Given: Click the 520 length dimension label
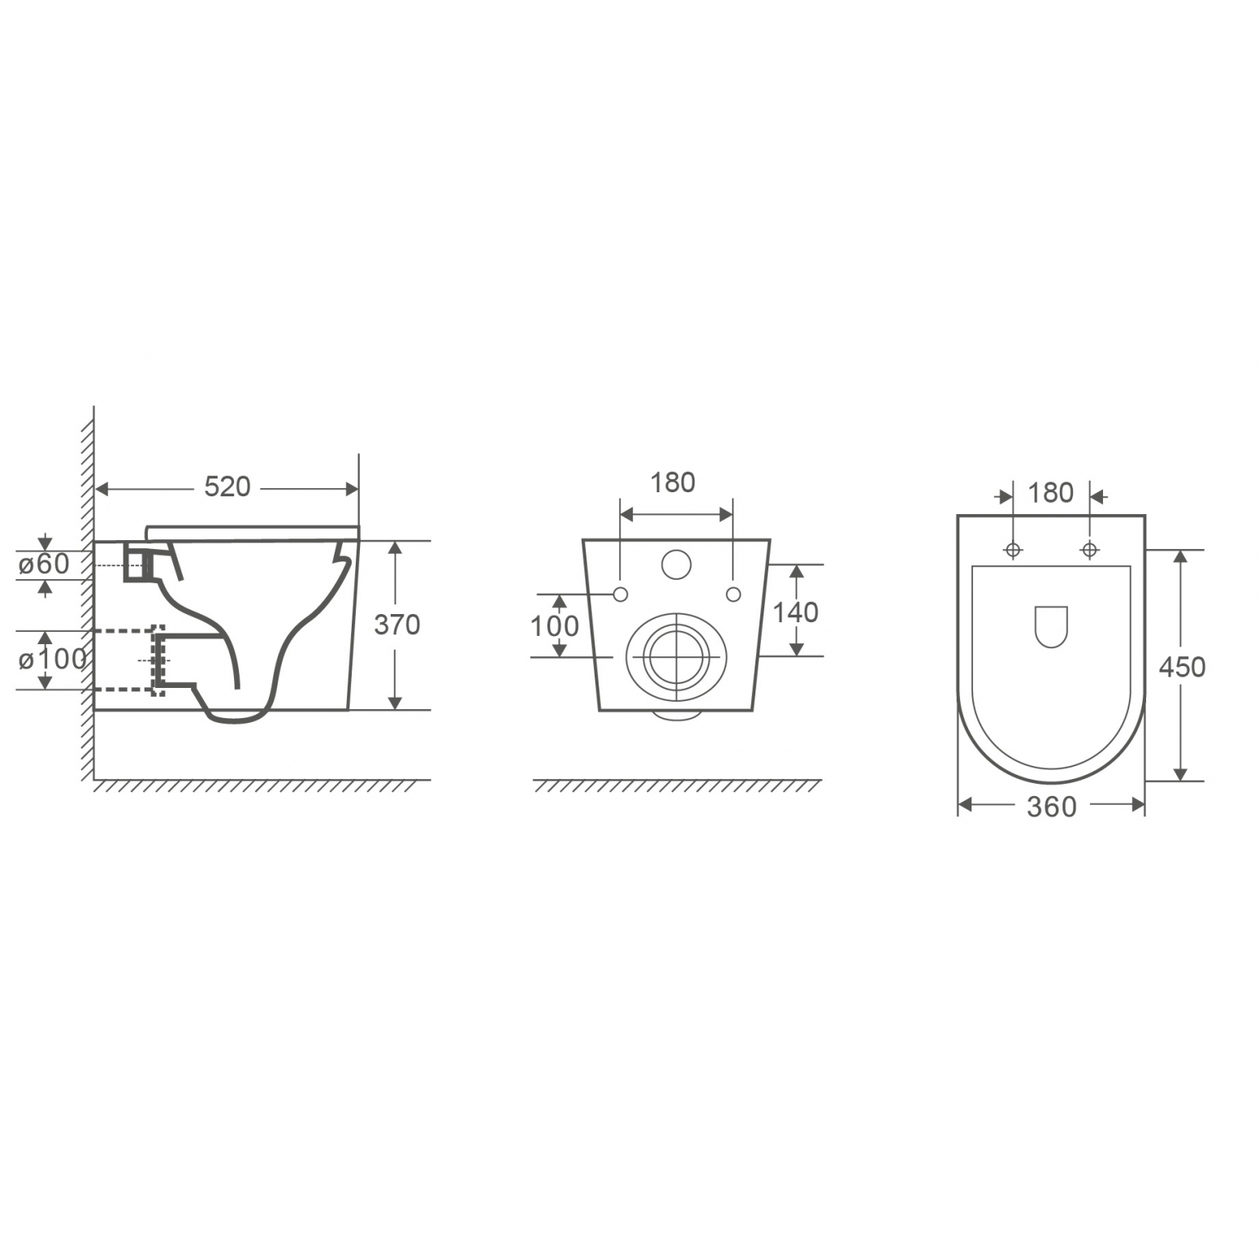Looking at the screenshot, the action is (x=227, y=487).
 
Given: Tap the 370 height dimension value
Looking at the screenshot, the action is (x=396, y=624).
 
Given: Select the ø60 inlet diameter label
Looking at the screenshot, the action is (x=45, y=563).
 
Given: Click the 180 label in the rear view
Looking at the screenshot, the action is (x=673, y=482).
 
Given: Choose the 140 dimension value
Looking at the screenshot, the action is (x=795, y=612).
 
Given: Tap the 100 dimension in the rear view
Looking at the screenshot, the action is (x=554, y=626).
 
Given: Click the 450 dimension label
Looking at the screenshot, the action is (x=1182, y=667).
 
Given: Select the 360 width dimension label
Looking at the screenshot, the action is (x=1051, y=807).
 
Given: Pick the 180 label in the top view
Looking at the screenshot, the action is (x=1050, y=493).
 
